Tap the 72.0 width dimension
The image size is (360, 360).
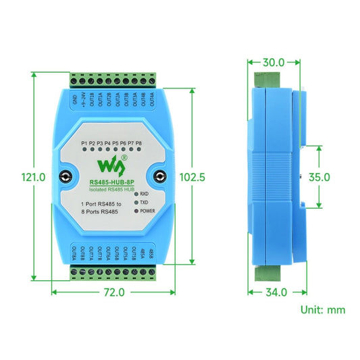(113, 292)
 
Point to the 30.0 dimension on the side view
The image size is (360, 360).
(273, 62)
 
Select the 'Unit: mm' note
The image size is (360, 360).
(322, 309)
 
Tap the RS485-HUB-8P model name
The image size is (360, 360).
(112, 182)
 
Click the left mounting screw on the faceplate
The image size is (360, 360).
(65, 178)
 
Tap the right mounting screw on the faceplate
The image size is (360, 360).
(160, 178)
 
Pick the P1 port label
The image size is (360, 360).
(83, 144)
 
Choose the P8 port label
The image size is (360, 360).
(138, 144)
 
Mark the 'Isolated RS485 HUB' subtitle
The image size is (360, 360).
(111, 190)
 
